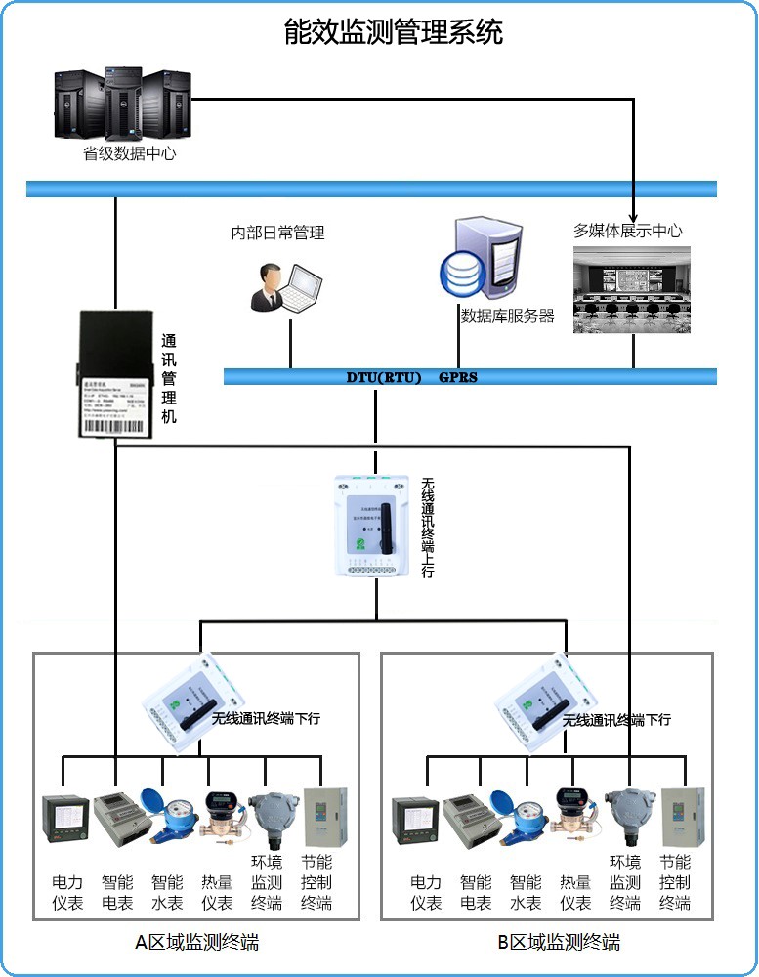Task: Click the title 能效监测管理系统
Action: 393,31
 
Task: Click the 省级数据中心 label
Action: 130,153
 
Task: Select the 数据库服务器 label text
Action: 507,317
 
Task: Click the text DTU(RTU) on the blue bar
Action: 383,377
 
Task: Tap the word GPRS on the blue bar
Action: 458,377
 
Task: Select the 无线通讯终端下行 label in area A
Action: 266,719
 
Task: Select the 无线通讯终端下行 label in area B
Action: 616,720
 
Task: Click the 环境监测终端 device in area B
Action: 626,817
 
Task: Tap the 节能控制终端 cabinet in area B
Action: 675,817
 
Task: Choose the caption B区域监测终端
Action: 558,943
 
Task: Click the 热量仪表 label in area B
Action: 575,893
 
